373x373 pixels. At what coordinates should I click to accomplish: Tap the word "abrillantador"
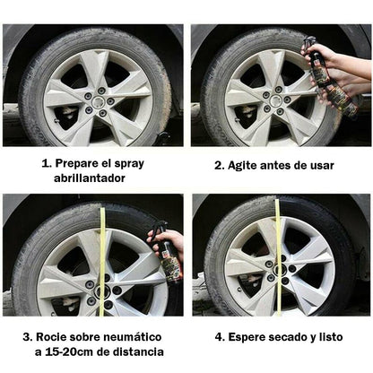tap(90, 178)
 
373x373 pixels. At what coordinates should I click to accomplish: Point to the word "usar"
tap(321, 166)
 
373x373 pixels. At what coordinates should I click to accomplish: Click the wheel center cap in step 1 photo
tap(97, 102)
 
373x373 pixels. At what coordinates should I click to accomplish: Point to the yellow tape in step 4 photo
tap(278, 257)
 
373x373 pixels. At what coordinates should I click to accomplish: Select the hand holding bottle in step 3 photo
tap(168, 241)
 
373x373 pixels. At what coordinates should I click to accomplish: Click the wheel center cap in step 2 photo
tap(274, 100)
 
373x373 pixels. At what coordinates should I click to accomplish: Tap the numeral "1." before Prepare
tap(47, 164)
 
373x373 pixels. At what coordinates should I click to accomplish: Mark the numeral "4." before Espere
tap(220, 337)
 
